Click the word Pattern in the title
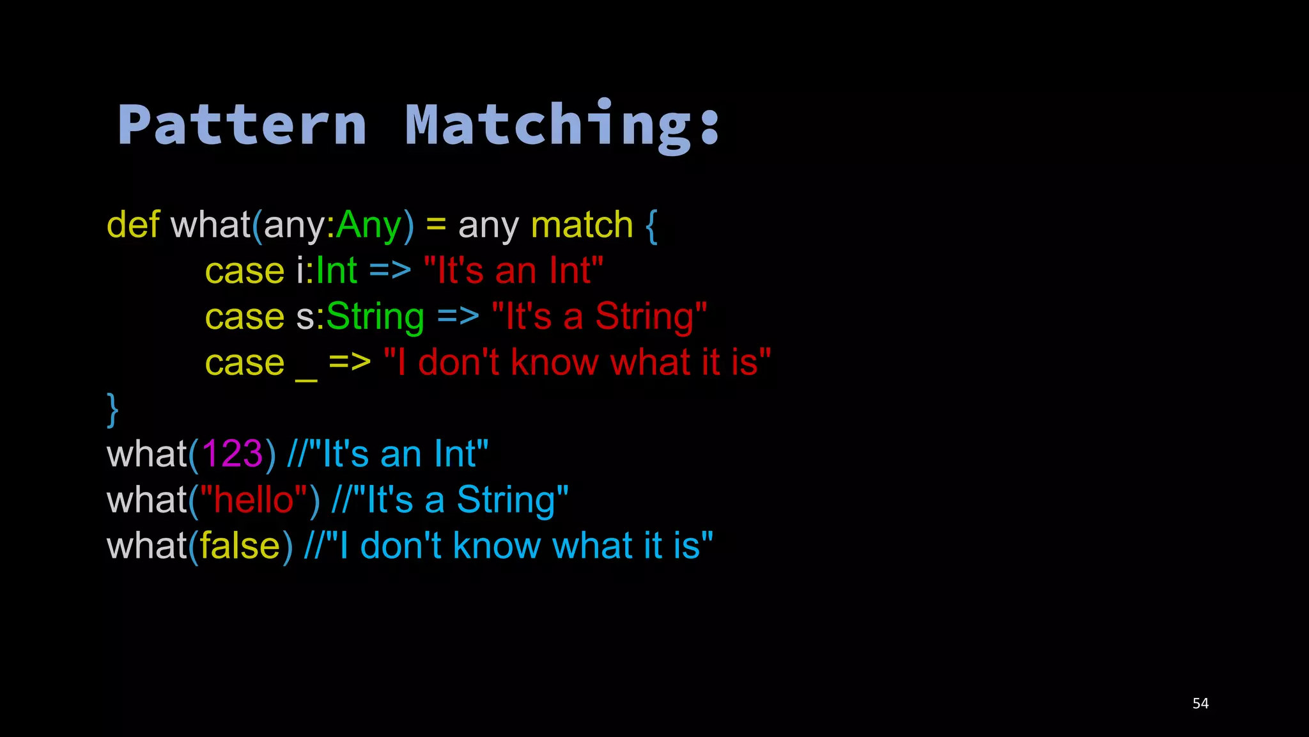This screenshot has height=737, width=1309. (x=242, y=125)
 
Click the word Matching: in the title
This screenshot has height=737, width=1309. (x=563, y=125)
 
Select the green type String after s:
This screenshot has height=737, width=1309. (x=375, y=317)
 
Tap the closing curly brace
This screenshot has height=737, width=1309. (x=112, y=409)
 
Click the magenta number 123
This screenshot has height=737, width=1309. (x=232, y=454)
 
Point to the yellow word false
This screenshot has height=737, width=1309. (x=240, y=546)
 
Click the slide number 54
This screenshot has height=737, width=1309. (x=1200, y=704)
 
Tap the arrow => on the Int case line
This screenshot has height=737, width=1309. (x=390, y=271)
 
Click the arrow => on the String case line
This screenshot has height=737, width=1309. (x=458, y=317)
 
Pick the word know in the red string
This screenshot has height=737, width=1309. (x=554, y=363)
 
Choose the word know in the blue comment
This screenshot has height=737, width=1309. (x=496, y=546)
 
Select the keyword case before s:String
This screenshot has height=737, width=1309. (x=245, y=317)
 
